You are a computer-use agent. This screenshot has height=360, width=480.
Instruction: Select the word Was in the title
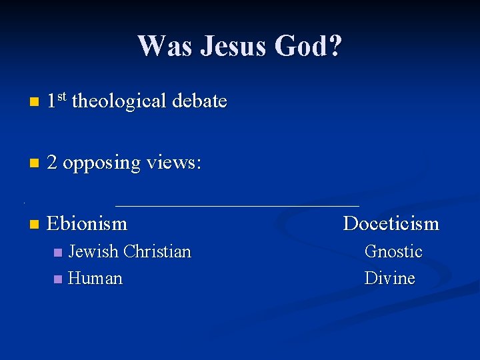click(162, 46)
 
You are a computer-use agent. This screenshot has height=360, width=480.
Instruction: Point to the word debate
click(199, 101)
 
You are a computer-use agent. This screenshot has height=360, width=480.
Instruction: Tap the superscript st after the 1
click(61, 97)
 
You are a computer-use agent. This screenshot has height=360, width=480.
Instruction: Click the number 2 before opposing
click(52, 162)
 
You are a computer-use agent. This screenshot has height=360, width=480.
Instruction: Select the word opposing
click(101, 163)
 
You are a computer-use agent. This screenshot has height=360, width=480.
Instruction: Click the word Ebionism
click(87, 223)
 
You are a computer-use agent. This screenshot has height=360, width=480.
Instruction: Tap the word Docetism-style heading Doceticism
click(391, 223)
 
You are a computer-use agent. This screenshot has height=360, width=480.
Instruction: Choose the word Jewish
click(93, 251)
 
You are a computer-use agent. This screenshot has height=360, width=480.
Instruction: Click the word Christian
click(157, 251)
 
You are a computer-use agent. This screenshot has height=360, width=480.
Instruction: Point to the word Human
click(95, 278)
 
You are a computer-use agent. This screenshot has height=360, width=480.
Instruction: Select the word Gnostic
click(393, 251)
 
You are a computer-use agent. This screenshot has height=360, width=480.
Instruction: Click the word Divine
click(389, 278)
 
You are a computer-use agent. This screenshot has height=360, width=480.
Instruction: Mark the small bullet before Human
click(58, 279)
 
